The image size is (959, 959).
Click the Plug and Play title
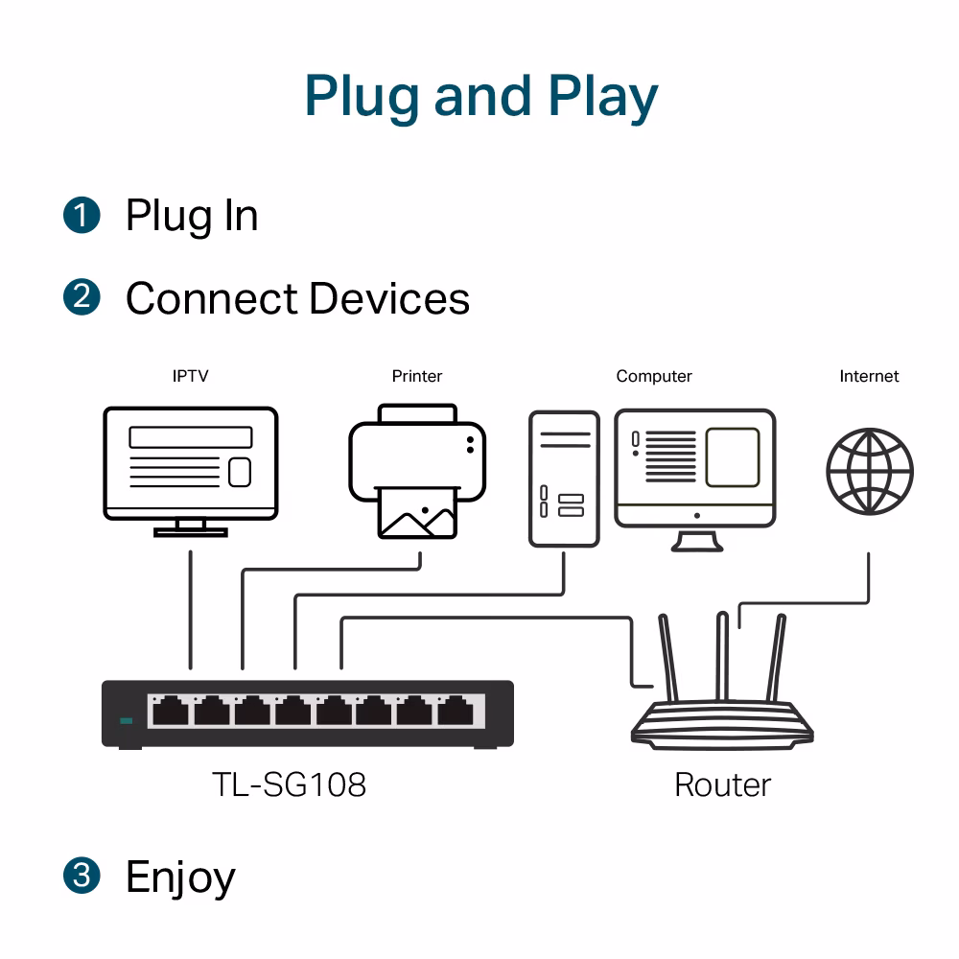pos(480,96)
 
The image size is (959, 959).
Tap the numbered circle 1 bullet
pos(82,214)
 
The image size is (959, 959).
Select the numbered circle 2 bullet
pos(82,297)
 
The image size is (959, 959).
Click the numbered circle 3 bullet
pos(82,876)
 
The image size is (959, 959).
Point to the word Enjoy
pos(180,877)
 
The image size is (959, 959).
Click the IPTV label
pos(190,376)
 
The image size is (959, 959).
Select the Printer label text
pos(417,376)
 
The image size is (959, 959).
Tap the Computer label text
pos(654,376)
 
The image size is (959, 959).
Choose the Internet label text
pos(869,376)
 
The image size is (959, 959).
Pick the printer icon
pos(417,470)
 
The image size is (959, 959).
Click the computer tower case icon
pos(564,479)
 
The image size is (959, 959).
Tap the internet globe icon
pos(870,472)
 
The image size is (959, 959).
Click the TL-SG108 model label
pos(289,785)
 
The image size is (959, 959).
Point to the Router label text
pos(722,785)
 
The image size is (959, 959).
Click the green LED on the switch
pos(125,720)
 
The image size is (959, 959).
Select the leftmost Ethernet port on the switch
pos(170,712)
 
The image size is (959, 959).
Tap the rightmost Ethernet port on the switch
pos(459,712)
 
